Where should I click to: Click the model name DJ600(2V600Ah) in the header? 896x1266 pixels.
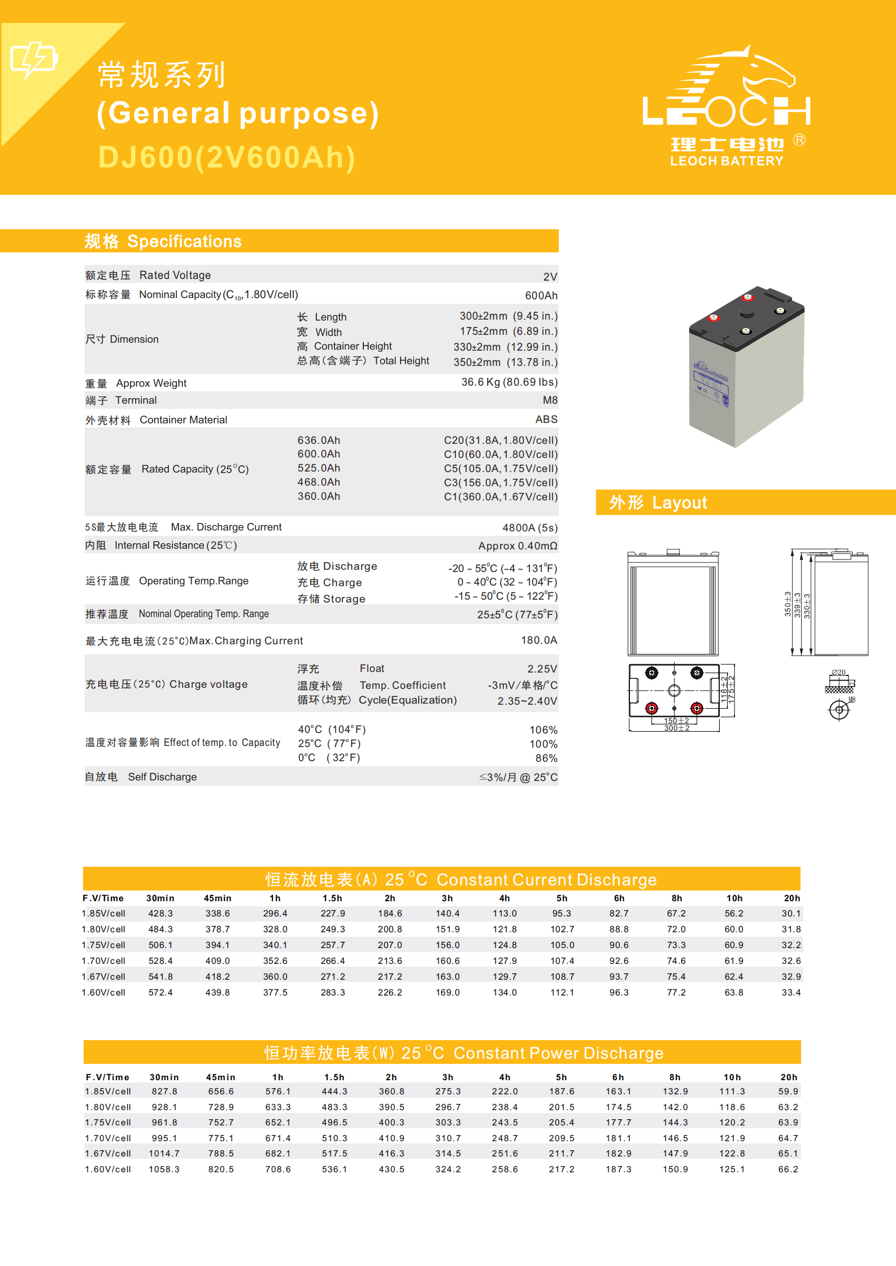(x=227, y=158)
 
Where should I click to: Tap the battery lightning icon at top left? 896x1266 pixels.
(x=33, y=59)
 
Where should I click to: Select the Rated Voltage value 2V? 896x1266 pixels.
(x=550, y=277)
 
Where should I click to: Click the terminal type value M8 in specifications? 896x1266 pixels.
(x=550, y=400)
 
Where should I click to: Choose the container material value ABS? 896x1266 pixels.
(x=546, y=420)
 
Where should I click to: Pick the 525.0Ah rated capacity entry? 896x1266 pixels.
(x=319, y=468)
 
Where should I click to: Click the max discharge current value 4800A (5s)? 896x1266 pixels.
(x=529, y=528)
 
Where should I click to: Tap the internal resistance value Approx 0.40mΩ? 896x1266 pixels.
(x=517, y=546)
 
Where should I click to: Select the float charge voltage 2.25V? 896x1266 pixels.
(x=542, y=669)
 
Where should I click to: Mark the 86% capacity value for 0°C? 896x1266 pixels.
(x=546, y=758)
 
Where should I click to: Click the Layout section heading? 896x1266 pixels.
(x=658, y=503)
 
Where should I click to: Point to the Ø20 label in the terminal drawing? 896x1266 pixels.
(x=838, y=672)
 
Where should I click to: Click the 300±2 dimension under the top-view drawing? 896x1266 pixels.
(x=676, y=728)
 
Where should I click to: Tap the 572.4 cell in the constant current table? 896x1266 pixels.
(x=160, y=993)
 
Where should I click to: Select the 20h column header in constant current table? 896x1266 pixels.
(x=791, y=898)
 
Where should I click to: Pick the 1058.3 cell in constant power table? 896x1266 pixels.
(x=164, y=1169)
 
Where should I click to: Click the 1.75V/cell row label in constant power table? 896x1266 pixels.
(x=108, y=1123)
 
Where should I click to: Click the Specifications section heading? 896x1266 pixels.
(x=163, y=242)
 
